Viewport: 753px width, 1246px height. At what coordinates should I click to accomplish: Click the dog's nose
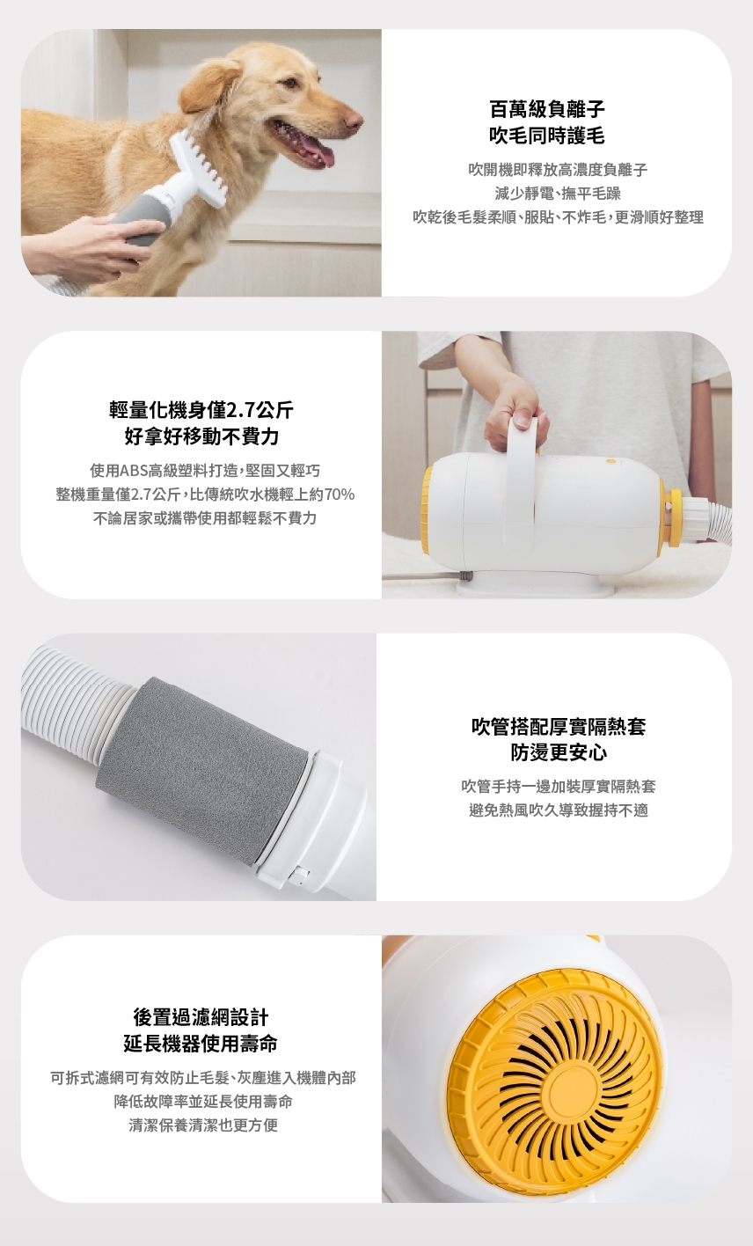tap(353, 118)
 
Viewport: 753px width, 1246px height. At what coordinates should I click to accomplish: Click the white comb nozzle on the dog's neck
tap(200, 167)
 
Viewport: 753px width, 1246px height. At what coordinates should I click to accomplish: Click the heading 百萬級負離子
tap(547, 109)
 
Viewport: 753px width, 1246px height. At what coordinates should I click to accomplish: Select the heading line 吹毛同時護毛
tap(547, 136)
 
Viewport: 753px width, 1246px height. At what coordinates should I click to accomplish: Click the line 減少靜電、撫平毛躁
tap(558, 194)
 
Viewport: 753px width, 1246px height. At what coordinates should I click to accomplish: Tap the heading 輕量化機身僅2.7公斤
tap(201, 411)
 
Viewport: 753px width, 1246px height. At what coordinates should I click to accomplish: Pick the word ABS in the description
tap(134, 471)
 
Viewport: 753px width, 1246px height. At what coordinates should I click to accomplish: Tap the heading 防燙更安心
tap(559, 752)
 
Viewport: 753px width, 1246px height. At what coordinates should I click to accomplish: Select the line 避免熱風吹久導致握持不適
tap(559, 810)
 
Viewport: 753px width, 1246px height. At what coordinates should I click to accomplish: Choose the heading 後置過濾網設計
tap(201, 1017)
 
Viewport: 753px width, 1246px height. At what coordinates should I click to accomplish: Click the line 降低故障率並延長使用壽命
tap(203, 1102)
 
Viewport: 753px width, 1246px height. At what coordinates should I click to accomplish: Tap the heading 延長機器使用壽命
tap(201, 1044)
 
